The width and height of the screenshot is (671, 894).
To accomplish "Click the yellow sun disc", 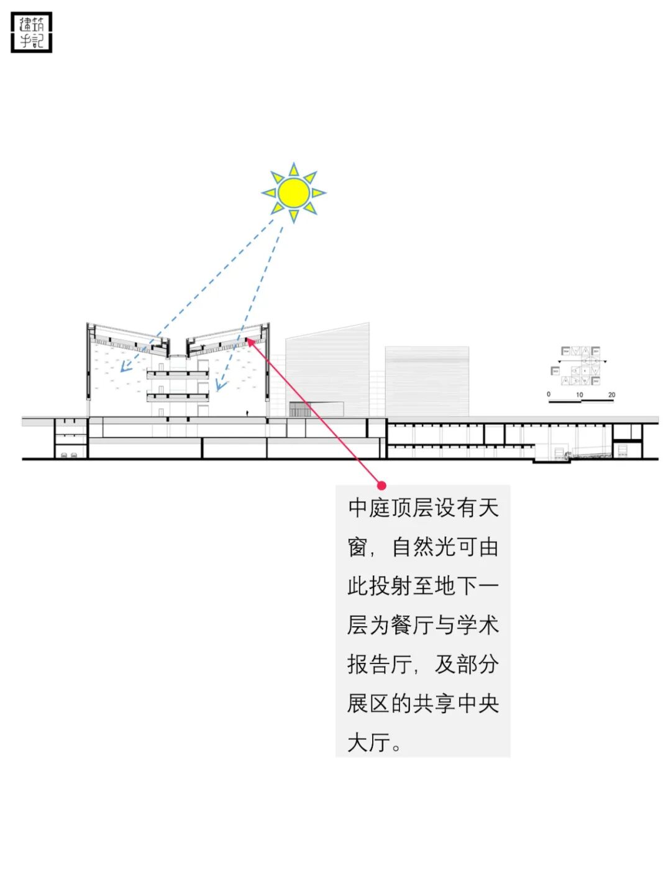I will [x=294, y=193].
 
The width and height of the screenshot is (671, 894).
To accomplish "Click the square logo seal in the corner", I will [x=32, y=32].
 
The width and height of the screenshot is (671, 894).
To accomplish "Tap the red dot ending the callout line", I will [x=381, y=485].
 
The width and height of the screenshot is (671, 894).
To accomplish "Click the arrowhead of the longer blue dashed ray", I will [x=123, y=370].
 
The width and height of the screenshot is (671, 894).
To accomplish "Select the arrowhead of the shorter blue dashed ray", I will [x=217, y=388].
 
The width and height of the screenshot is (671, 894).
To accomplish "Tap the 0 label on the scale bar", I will [x=549, y=395].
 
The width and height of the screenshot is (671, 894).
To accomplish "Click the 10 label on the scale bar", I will [x=579, y=395].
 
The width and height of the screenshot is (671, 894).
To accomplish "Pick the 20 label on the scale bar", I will [x=611, y=395].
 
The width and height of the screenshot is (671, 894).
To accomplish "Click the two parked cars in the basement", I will [x=70, y=455].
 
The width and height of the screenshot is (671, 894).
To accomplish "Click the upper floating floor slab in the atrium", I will [x=178, y=374].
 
